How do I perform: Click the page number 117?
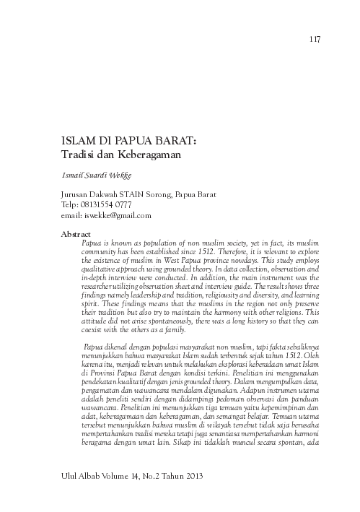[x=314, y=38]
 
